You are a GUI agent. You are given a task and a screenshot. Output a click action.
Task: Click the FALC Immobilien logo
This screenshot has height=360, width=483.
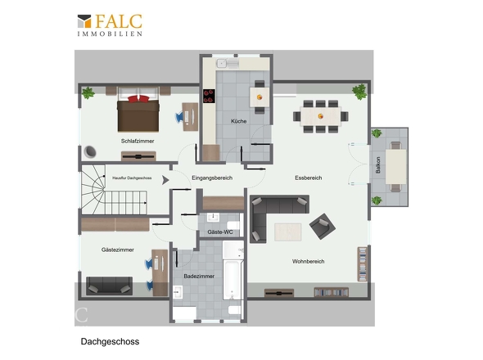click(110, 25)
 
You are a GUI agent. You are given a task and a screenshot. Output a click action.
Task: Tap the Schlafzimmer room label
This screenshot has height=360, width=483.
click(138, 141)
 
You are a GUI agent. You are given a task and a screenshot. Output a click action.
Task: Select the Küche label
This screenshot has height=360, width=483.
click(239, 121)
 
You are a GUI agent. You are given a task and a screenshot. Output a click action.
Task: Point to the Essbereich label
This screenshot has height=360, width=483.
click(309, 178)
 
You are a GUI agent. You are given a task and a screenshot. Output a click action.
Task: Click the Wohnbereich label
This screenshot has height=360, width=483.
click(308, 261)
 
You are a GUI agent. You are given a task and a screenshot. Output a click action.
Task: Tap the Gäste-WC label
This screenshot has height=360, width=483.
click(220, 232)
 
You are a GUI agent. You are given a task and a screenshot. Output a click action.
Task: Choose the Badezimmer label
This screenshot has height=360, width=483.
click(199, 276)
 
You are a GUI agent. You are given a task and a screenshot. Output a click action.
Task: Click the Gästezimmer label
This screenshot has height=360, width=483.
click(118, 250)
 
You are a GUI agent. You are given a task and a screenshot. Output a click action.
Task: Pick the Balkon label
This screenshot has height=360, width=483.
click(378, 165)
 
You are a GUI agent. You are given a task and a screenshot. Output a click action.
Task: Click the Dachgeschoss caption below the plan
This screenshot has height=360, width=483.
click(110, 341)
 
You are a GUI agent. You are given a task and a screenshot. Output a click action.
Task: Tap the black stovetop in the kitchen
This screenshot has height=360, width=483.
click(209, 96)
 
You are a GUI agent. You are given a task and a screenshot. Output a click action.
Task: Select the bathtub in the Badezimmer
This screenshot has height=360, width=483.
click(232, 280)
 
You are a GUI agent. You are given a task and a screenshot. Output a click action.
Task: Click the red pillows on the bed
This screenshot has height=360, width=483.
click(138, 98)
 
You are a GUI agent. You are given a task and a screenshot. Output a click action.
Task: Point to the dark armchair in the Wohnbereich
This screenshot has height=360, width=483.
click(323, 226)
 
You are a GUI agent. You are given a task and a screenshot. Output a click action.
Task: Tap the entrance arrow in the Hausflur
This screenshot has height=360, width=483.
click(165, 180)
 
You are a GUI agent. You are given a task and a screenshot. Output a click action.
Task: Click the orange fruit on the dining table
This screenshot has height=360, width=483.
click(321, 116)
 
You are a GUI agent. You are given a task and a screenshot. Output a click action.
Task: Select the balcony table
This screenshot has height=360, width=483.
click(396, 167)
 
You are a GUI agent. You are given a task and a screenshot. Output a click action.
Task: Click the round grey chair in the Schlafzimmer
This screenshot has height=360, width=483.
click(90, 151)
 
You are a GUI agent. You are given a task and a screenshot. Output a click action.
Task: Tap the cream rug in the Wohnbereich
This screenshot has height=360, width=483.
click(287, 232)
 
